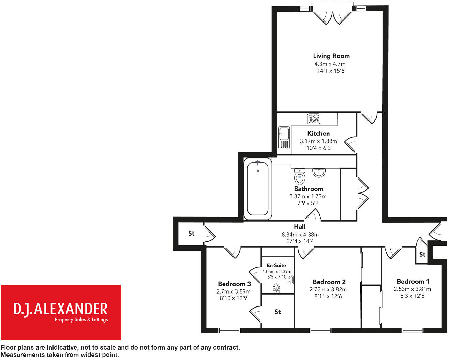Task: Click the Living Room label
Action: (x=331, y=56)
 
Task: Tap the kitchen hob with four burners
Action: (x=314, y=119)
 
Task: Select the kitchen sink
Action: (x=284, y=138)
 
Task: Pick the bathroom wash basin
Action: (x=319, y=172)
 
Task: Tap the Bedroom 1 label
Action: (x=413, y=282)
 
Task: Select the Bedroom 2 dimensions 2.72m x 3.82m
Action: (x=328, y=290)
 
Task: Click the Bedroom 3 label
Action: (x=234, y=284)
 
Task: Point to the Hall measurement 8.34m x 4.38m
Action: (x=300, y=235)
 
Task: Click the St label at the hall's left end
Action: (x=191, y=234)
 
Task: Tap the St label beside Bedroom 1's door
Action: (x=422, y=254)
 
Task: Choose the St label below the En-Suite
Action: (x=277, y=312)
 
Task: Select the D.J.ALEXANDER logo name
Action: (x=60, y=309)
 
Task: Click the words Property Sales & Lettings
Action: (x=81, y=320)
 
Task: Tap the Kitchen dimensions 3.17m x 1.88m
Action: (x=318, y=141)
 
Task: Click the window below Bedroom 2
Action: (x=320, y=330)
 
